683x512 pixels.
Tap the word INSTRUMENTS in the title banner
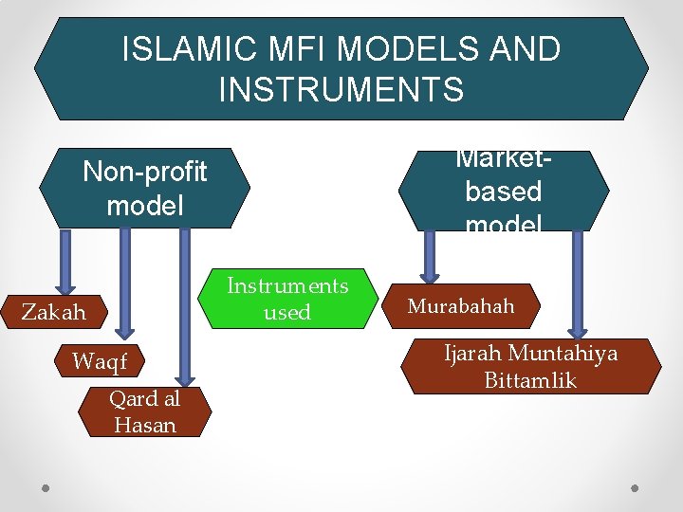(341, 89)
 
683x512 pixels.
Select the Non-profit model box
(144, 188)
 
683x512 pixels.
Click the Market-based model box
(503, 191)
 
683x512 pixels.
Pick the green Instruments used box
(287, 299)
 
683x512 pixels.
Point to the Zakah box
(54, 311)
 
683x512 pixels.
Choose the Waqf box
(99, 360)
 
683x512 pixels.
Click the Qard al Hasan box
(145, 412)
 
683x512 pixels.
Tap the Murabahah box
(462, 306)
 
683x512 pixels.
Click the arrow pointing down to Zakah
(65, 261)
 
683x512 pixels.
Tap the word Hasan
(145, 425)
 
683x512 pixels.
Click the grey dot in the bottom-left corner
(46, 488)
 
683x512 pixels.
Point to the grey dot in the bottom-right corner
(637, 488)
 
